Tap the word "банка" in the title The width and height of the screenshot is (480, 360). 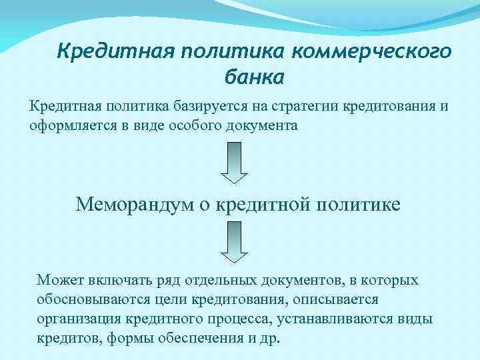253,77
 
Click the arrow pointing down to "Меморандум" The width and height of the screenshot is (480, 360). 234,163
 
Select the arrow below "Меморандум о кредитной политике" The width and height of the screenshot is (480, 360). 234,243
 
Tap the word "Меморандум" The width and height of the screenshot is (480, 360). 133,203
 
